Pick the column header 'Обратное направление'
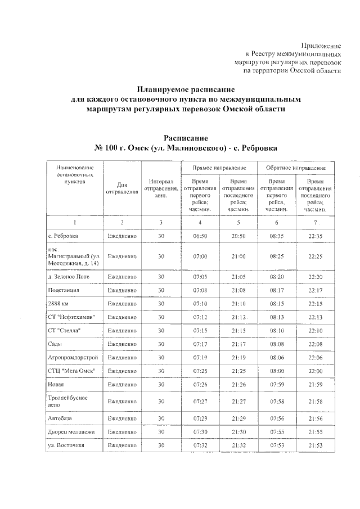296,168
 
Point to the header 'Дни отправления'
122,188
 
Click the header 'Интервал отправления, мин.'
161,188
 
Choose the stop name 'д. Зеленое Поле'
69,277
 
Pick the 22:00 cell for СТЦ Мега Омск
315,371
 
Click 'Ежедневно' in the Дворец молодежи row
122,432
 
